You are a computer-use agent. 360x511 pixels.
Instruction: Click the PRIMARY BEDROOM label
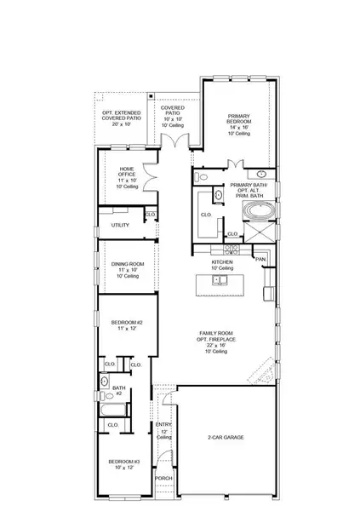[x=239, y=118]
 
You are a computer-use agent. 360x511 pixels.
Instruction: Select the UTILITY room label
[x=120, y=225]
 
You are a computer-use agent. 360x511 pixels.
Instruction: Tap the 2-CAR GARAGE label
[x=226, y=437]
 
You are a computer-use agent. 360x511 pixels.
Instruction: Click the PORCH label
[x=163, y=478]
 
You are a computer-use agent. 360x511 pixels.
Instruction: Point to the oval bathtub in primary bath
[x=256, y=210]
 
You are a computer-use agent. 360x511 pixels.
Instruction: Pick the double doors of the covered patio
[x=175, y=139]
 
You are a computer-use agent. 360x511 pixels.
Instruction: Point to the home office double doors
[x=148, y=177]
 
